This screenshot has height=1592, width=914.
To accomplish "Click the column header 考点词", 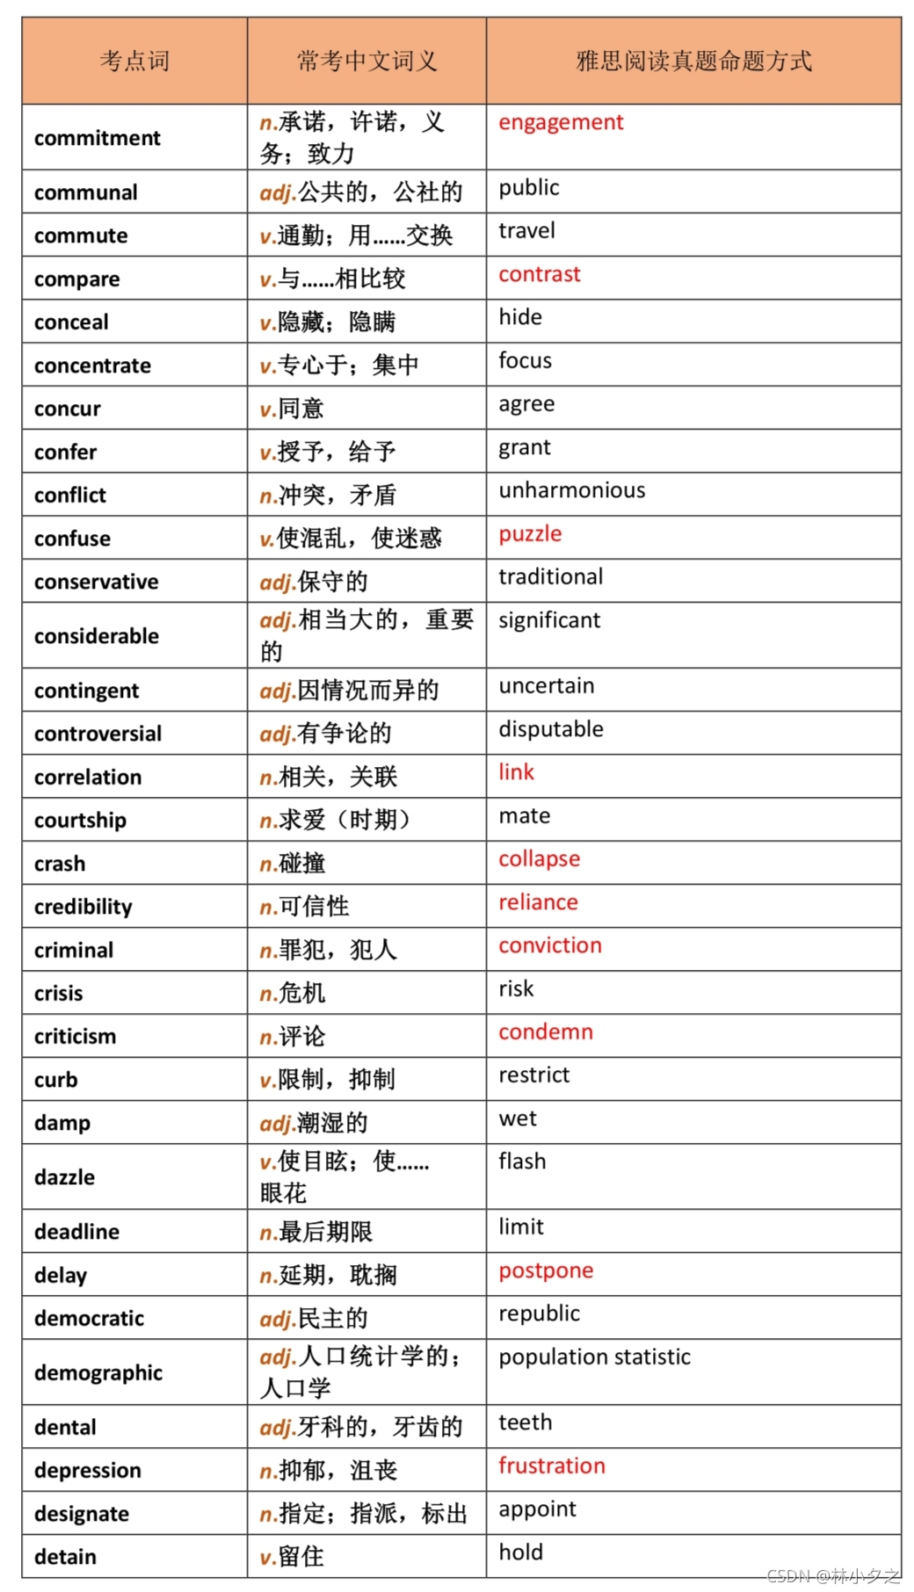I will pos(134,61).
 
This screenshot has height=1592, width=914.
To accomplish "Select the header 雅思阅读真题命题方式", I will pos(693,61).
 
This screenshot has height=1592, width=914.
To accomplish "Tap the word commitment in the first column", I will pos(98,138).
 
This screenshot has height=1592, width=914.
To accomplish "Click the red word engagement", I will pos(561,122).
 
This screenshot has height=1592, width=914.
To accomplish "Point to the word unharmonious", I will pos(572,490).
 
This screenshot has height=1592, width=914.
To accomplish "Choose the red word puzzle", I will pos(530,534).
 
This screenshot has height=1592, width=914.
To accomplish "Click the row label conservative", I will pos(97,582).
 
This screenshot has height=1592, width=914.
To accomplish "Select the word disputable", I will pos(551,729).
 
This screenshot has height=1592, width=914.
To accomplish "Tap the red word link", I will pos(516,772).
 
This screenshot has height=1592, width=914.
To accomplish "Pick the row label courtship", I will pos(80,820).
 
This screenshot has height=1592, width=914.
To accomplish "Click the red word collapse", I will pos(539,859).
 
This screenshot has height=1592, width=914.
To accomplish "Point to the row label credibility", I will pos(83,907).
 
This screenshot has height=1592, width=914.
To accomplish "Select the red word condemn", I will pos(546,1032).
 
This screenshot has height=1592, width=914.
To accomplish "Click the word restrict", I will pos(534,1075).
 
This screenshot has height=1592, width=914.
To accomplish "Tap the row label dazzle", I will pos(64,1177).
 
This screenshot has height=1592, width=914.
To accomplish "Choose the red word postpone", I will pos(546,1271).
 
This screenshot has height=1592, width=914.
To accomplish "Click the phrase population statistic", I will pos(595,1357).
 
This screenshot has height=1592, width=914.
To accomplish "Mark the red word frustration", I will pos(552,1465).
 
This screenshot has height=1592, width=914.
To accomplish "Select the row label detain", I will pos(65,1557).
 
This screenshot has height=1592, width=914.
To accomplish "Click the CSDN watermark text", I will pos(832,1575).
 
